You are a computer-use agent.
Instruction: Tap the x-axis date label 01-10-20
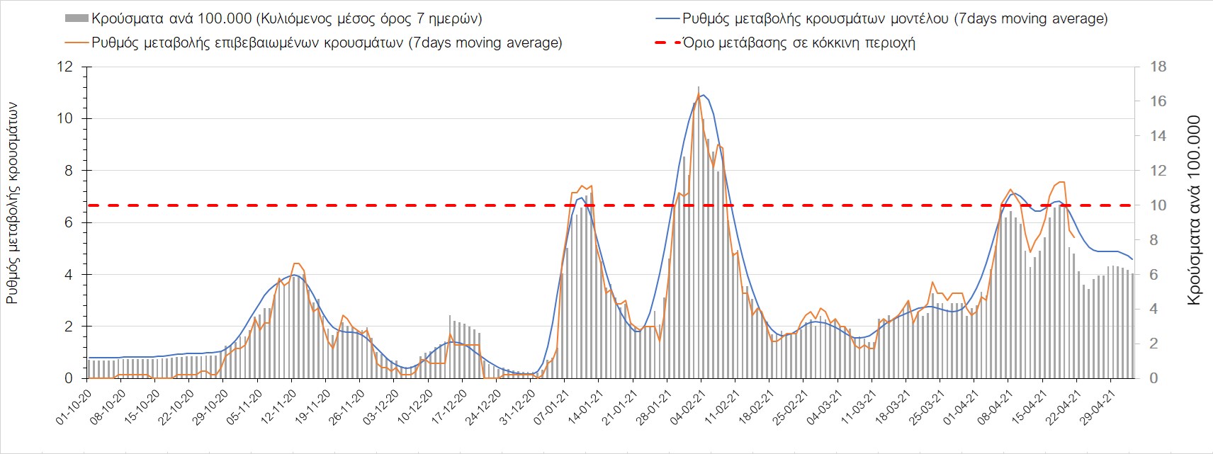click(x=74, y=407)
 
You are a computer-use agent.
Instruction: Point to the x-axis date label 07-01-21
click(x=551, y=407)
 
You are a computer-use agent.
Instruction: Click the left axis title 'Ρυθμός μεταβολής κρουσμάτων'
click(x=12, y=203)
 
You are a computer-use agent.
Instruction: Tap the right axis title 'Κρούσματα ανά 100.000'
click(x=1194, y=210)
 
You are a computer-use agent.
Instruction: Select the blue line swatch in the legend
click(x=665, y=18)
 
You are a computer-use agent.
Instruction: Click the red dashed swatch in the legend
click(x=665, y=42)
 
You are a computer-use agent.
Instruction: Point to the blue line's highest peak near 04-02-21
click(x=702, y=95)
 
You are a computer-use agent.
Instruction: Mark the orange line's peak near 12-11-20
click(x=296, y=263)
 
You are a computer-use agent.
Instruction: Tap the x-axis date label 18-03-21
click(x=892, y=407)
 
